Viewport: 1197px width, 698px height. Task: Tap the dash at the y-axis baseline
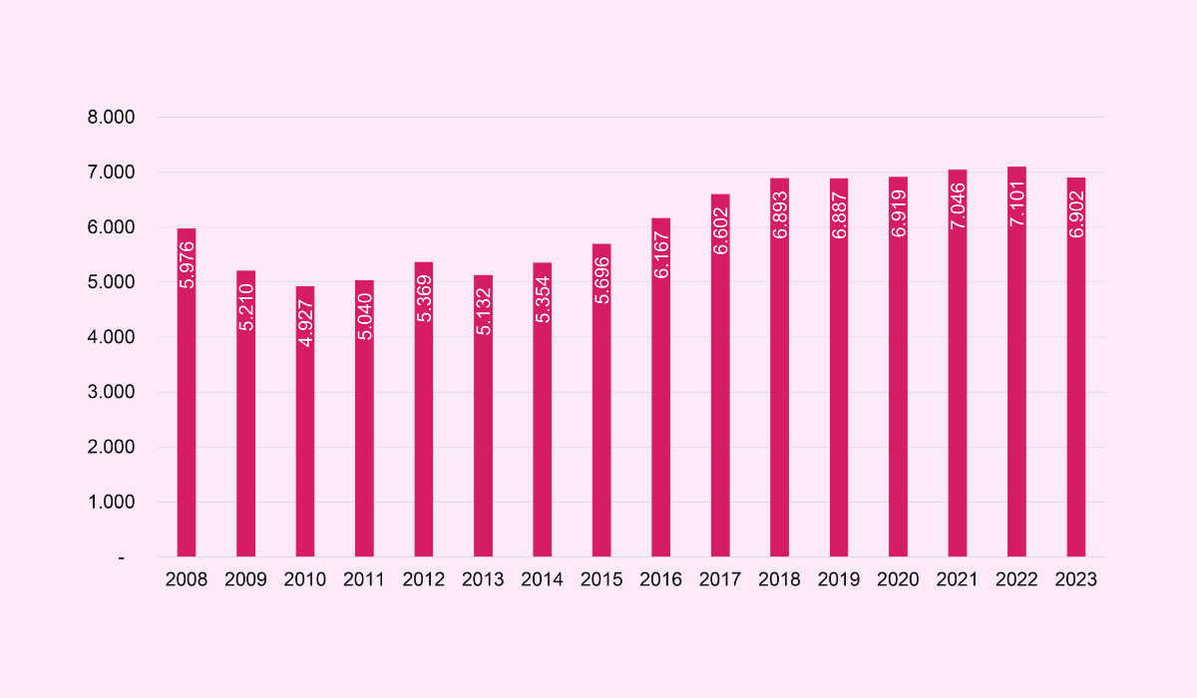pos(122,557)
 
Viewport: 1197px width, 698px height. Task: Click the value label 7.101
pos(1016,203)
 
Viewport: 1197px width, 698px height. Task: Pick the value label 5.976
pos(187,264)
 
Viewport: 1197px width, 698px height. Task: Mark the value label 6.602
pos(720,230)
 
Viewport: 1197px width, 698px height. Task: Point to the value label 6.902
pos(1075,213)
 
